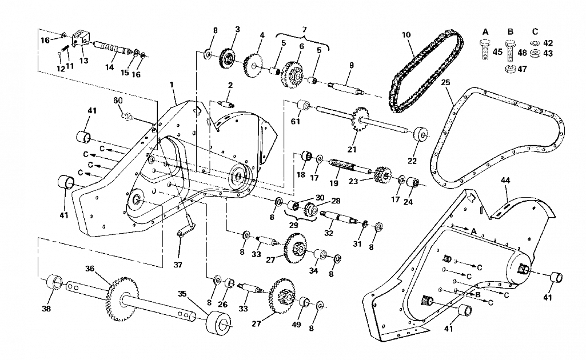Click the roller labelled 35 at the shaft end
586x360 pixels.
pos(218,323)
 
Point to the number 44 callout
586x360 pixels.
pos(505,181)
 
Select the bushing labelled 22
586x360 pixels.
pos(421,134)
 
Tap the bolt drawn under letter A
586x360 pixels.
pos(484,50)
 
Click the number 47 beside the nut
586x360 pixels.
pos(522,69)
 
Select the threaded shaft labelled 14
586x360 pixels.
pos(112,49)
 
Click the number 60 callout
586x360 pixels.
pos(118,101)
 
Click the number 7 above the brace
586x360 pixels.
pos(304,30)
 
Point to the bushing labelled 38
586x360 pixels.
pos(54,282)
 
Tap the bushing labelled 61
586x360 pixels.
pos(304,105)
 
